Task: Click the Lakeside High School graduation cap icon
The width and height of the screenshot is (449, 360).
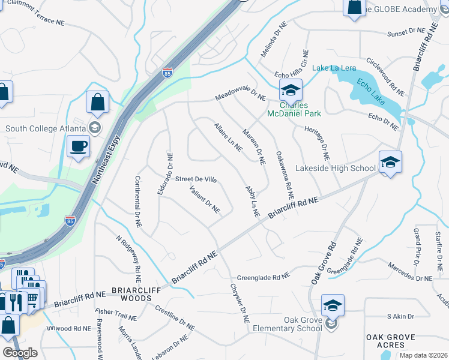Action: [x=390, y=162]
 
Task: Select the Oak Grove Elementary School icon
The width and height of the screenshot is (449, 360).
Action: [x=332, y=306]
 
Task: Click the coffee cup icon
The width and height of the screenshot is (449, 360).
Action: [x=78, y=146]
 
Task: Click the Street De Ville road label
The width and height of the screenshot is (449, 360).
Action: [x=195, y=179]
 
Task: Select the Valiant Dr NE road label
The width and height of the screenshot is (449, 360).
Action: [x=205, y=200]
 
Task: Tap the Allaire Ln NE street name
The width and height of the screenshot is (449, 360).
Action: [x=228, y=137]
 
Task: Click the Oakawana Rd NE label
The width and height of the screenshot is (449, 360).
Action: [x=285, y=175]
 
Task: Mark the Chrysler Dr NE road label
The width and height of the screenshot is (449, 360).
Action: [x=239, y=304]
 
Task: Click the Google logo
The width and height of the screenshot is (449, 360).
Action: [x=20, y=353]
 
